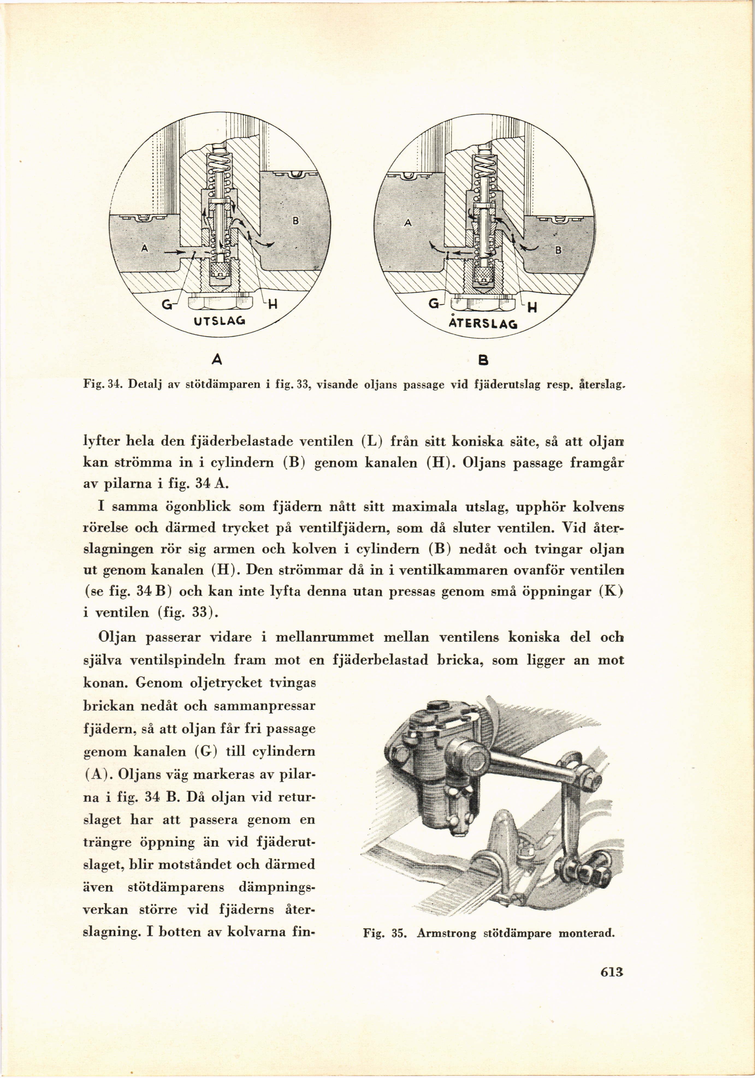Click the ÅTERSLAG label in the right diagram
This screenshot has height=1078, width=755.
point(482,323)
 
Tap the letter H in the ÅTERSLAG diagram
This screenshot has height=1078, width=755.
point(532,308)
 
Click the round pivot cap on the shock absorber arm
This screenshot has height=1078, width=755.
point(470,757)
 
